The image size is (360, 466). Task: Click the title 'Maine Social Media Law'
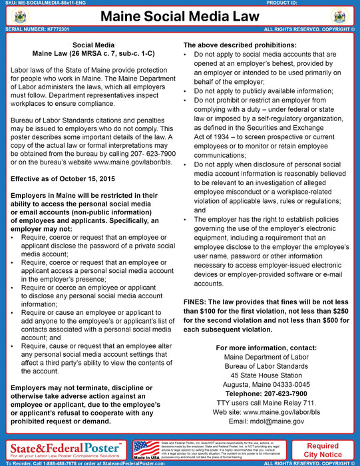point(180,17)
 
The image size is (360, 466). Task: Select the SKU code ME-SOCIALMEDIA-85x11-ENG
point(40,3)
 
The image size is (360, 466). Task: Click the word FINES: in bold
point(198,302)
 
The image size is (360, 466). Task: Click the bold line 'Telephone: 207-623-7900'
point(262,393)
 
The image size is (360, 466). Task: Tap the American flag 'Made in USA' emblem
point(146,450)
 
